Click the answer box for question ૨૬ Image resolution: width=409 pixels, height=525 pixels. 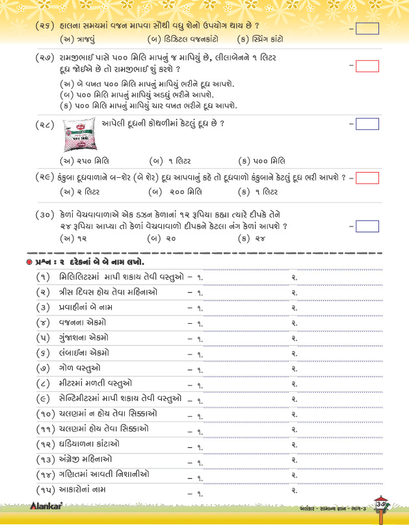[368, 29]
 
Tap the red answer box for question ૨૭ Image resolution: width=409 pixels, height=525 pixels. [368, 66]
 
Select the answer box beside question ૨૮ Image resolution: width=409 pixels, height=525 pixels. [368, 124]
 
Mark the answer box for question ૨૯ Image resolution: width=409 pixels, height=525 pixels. [368, 177]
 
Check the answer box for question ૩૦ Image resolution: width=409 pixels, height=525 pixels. [368, 226]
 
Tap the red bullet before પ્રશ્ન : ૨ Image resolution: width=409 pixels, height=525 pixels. [29, 262]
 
